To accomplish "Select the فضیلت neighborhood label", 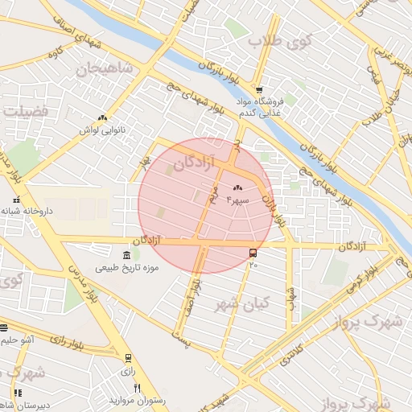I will pos(25,109).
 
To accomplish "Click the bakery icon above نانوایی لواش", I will pos(102,117).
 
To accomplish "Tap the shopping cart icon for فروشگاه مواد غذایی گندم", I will pos(258,90).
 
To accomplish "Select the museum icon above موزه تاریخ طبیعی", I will pos(126,255).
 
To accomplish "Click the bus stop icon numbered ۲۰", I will pos(253,253).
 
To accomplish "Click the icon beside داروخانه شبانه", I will pos(16,200).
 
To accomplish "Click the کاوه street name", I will pos(54,53).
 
